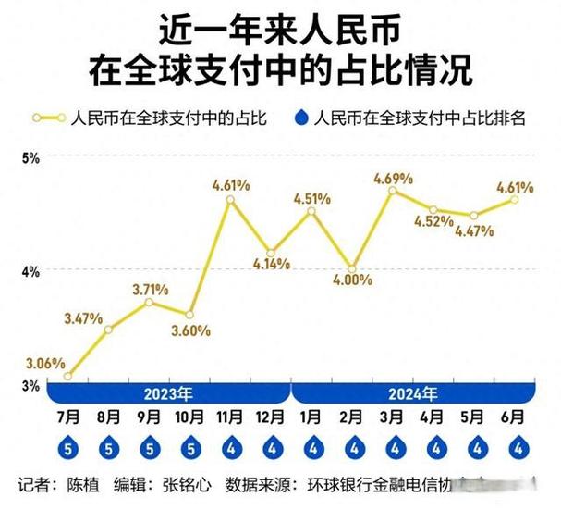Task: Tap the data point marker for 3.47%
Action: pos(108,330)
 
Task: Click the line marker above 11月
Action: pos(230,200)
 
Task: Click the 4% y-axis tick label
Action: pos(30,271)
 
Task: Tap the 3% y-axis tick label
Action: pos(30,385)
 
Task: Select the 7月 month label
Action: pos(67,417)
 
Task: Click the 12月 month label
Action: pos(271,417)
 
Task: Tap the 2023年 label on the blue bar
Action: pos(168,392)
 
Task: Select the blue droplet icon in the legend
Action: pos(300,118)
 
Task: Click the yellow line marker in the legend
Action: pos(49,118)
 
